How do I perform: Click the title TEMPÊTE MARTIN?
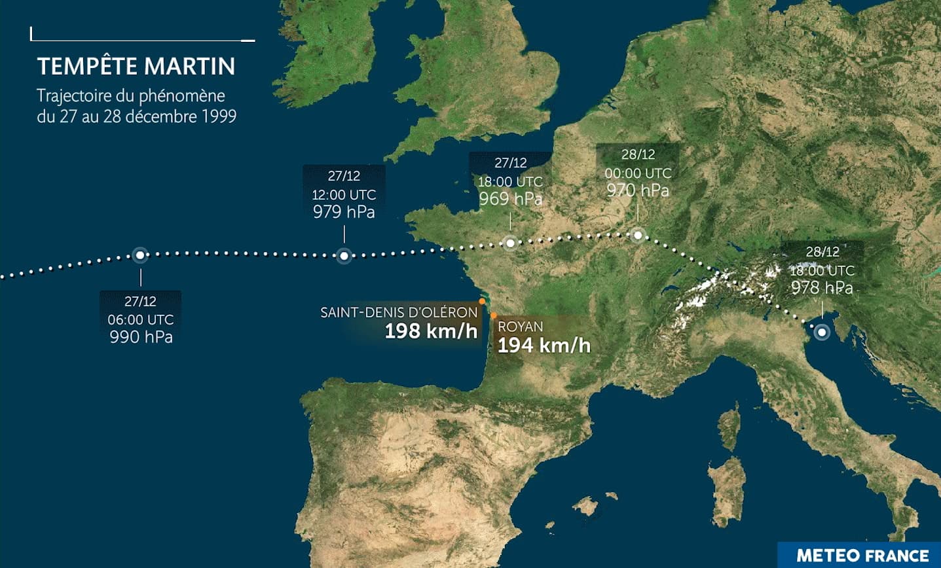coord(136,66)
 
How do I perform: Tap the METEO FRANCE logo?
coord(862,556)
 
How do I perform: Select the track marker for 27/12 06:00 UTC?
coord(139,255)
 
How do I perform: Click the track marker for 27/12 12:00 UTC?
coord(344,256)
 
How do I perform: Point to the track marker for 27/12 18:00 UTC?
coord(510,243)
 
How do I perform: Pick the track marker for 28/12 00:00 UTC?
coord(637,234)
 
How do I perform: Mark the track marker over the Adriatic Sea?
coord(822,332)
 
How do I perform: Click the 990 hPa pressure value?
coord(141,337)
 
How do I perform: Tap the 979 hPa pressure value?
coord(344,212)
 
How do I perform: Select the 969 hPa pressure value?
coord(510,199)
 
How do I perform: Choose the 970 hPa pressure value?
coord(637,190)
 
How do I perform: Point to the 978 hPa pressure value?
coord(822,288)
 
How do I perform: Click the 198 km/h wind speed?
coord(431,331)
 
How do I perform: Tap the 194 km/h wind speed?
coord(544,346)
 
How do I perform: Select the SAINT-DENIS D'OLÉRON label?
coord(399,313)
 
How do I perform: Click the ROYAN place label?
coord(520,327)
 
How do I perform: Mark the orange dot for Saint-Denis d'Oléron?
coord(482,302)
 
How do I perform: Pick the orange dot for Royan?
coord(494,315)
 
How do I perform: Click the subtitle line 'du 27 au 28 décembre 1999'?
coord(136,117)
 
